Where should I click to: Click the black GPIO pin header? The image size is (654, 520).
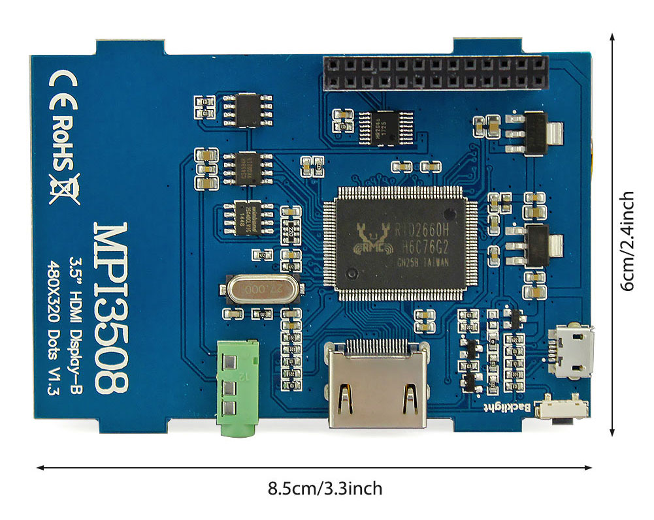click(x=434, y=73)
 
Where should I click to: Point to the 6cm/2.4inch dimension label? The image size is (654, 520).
click(x=627, y=241)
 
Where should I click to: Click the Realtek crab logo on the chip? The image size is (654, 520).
click(x=370, y=239)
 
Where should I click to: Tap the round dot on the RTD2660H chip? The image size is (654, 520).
click(x=450, y=214)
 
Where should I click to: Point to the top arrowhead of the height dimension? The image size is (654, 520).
click(x=612, y=38)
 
